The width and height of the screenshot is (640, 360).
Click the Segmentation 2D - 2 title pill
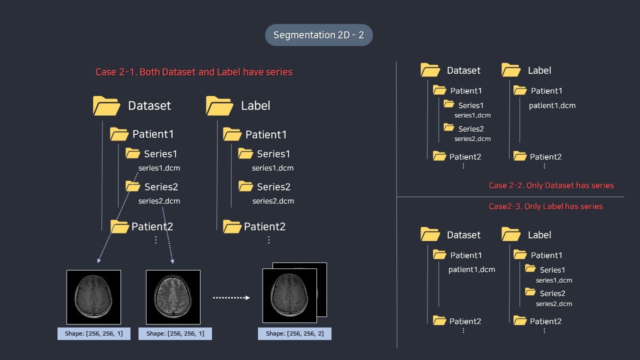(318, 35)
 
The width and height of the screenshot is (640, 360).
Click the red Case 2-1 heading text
(194, 72)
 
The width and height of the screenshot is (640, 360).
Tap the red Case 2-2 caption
(551, 185)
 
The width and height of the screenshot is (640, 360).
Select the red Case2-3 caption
(545, 206)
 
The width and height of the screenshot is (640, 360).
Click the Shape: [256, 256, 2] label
(294, 333)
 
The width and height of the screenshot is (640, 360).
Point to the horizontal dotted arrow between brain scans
(231, 297)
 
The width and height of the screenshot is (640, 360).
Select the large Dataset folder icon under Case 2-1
(106, 105)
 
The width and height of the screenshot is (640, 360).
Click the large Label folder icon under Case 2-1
(219, 105)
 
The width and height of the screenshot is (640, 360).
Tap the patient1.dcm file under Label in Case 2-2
(552, 105)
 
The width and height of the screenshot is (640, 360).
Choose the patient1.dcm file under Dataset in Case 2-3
(471, 269)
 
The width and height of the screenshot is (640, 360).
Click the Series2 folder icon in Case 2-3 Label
(530, 292)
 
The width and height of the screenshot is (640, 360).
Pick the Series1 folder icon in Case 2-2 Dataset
(449, 104)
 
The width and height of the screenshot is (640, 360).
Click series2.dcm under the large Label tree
(273, 201)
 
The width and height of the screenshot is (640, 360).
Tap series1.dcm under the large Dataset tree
(159, 168)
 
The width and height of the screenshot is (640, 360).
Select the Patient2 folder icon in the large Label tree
(232, 226)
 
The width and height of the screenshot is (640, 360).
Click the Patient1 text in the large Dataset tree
(153, 134)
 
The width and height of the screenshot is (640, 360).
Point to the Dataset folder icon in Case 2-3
(430, 234)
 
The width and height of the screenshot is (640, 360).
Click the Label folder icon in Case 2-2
(511, 69)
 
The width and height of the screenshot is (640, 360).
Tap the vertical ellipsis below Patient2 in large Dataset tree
(155, 240)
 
